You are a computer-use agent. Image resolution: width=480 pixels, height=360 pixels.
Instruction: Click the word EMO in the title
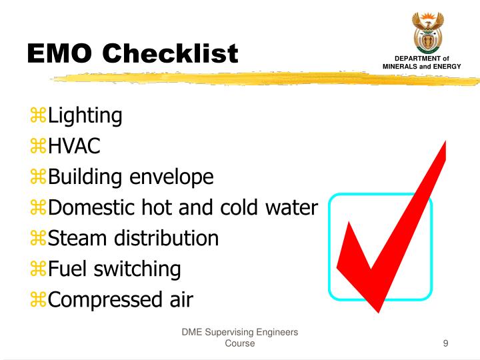[x=60, y=53]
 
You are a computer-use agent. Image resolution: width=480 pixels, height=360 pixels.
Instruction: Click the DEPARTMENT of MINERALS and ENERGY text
[x=431, y=62]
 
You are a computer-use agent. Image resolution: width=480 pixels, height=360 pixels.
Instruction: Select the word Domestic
[x=93, y=208]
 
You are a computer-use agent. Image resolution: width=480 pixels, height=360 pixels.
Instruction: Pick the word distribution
[x=168, y=238]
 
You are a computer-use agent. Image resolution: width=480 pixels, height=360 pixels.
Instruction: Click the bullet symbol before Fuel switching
[x=38, y=269]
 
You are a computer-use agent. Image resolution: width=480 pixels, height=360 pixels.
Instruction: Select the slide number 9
[x=445, y=344]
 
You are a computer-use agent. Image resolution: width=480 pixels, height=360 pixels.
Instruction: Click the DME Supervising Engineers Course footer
[x=239, y=338]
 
